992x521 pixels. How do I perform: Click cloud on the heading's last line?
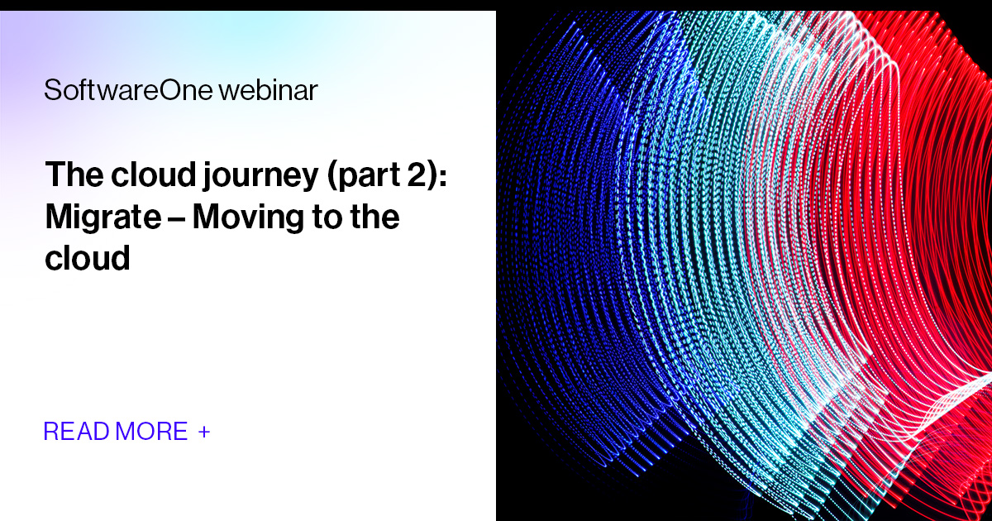point(88,259)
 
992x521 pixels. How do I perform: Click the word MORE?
point(152,432)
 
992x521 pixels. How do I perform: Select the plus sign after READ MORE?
point(204,432)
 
